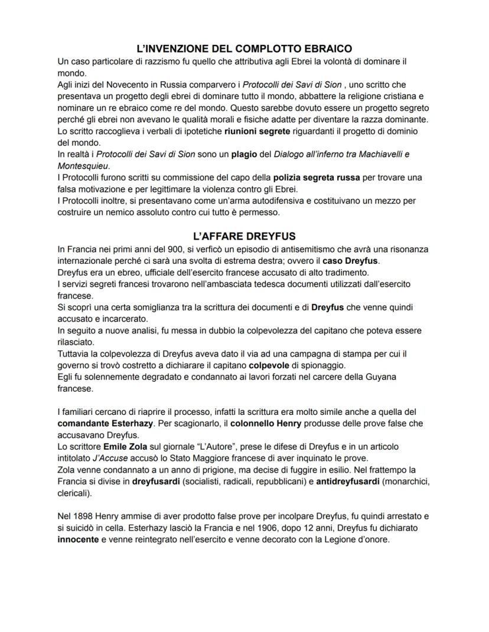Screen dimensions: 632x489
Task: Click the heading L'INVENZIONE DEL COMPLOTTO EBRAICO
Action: (x=244, y=48)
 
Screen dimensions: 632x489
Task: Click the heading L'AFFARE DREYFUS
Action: (x=244, y=237)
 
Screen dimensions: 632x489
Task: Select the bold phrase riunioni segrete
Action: (x=241, y=132)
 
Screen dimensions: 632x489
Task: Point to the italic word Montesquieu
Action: (x=83, y=166)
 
